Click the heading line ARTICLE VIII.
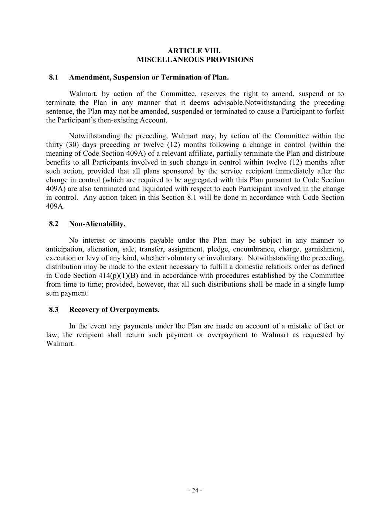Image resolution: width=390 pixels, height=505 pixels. (x=195, y=51)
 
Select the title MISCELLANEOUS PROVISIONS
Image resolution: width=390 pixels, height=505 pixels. (x=195, y=60)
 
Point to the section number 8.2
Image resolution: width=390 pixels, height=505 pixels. (x=54, y=224)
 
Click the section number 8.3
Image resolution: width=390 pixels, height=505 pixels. (x=54, y=310)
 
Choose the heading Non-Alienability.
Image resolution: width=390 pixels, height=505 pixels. (x=97, y=224)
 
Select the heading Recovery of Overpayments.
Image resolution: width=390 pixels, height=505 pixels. (x=114, y=310)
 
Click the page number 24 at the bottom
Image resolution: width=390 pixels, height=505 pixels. (x=195, y=491)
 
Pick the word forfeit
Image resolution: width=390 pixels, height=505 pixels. (x=335, y=111)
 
